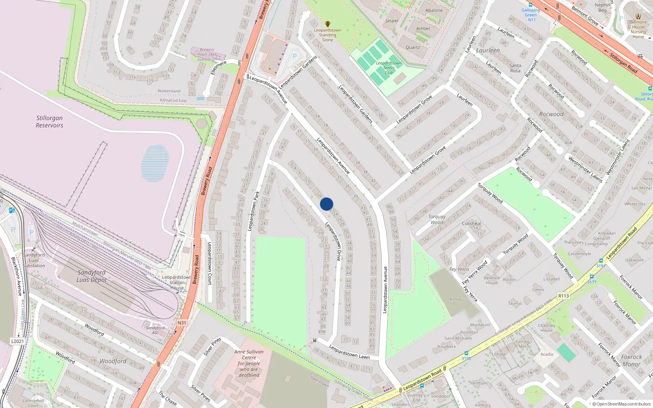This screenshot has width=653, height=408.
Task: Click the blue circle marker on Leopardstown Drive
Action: point(326,204)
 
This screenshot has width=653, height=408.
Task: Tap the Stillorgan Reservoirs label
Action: point(49,122)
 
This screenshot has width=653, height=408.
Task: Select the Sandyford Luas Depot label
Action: point(91,276)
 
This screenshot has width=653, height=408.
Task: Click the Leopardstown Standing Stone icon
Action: point(327,24)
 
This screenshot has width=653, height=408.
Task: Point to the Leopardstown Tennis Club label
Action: point(389,68)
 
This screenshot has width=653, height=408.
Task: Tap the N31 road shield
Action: point(182,323)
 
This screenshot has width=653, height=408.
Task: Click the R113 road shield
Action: point(564,296)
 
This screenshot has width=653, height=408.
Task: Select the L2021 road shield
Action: point(17,341)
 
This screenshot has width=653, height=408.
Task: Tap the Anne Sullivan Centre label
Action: point(249,363)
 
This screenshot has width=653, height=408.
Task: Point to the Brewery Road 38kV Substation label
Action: point(207,54)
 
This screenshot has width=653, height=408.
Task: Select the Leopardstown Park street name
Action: point(254,211)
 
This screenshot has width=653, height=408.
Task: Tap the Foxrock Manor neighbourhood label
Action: point(631,360)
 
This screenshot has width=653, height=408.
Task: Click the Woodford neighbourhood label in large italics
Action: point(113,361)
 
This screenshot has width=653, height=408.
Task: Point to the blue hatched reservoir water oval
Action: point(155,163)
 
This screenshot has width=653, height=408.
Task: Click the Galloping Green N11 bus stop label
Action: point(531,15)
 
